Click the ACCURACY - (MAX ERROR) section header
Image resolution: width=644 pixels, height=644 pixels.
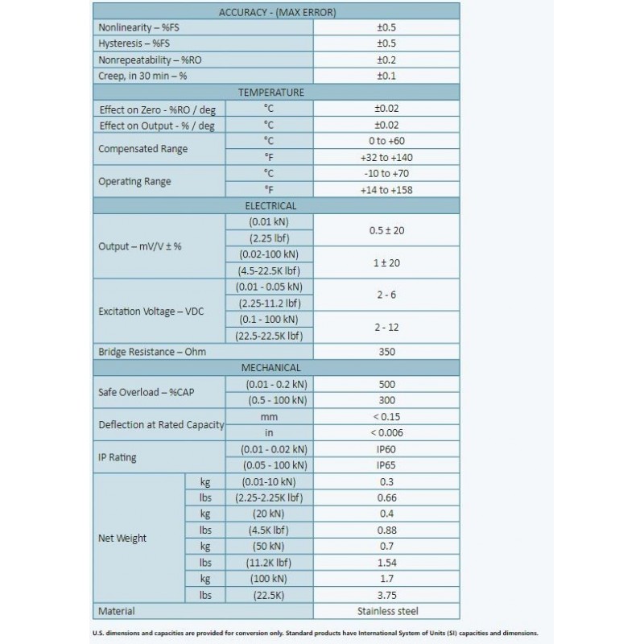(x=278, y=12)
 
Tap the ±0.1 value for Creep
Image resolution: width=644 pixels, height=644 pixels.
(x=386, y=76)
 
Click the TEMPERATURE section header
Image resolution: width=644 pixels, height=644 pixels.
(x=278, y=92)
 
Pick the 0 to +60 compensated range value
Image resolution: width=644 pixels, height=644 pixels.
(x=386, y=141)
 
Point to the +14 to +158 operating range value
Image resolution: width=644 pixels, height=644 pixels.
(x=386, y=190)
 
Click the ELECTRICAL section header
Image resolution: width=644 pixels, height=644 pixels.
(x=278, y=206)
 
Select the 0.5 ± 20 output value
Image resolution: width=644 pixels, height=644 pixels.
(x=386, y=230)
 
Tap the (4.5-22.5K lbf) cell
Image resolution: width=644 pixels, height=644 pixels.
(x=268, y=270)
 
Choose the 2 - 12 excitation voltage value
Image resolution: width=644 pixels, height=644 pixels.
(x=386, y=327)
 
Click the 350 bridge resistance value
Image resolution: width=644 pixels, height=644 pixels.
(x=386, y=352)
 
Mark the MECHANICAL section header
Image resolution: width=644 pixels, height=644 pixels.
(x=278, y=368)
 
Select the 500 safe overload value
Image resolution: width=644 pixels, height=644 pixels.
(x=386, y=384)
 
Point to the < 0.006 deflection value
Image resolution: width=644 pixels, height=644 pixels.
(x=386, y=433)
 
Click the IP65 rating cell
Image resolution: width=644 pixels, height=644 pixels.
(x=386, y=465)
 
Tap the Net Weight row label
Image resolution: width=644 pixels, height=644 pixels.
(x=122, y=538)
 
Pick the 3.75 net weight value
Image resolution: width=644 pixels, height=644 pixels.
(x=386, y=595)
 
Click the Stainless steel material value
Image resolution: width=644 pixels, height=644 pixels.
(x=386, y=611)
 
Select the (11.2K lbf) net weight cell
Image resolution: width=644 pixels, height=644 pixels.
(x=268, y=563)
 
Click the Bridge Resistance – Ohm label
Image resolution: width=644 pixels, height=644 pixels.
(x=147, y=352)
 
